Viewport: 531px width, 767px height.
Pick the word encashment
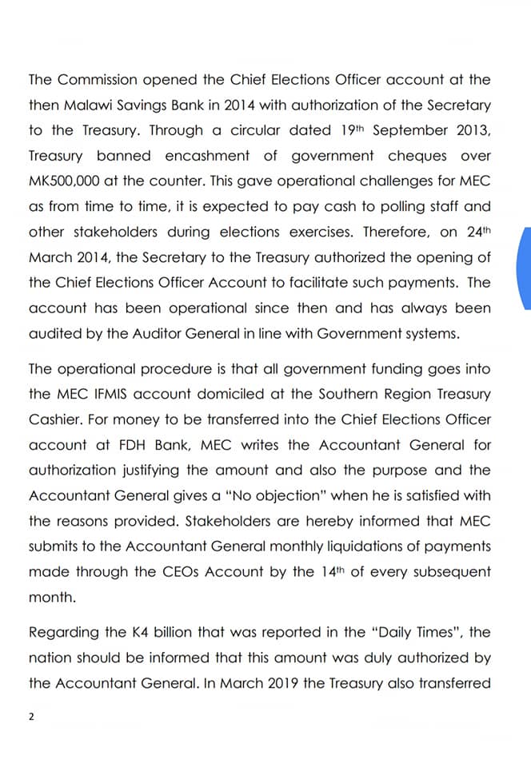pyautogui.click(x=210, y=157)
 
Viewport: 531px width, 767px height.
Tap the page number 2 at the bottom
pyautogui.click(x=31, y=717)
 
